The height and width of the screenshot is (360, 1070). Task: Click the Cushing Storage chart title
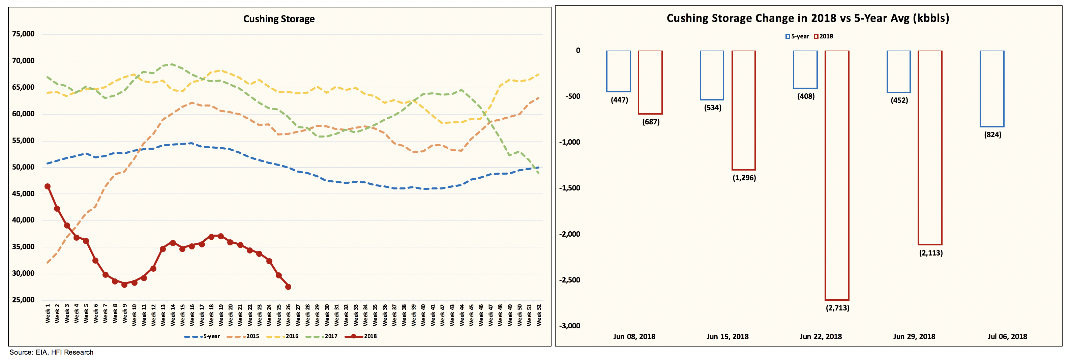pyautogui.click(x=279, y=19)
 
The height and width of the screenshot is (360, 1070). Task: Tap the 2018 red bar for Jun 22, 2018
pyautogui.click(x=837, y=174)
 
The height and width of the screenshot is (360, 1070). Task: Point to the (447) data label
pyautogui.click(x=619, y=100)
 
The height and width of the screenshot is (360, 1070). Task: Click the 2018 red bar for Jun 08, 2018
pyautogui.click(x=650, y=82)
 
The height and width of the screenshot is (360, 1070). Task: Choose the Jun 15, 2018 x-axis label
pyautogui.click(x=727, y=337)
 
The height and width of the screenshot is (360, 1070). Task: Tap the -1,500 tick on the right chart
pyautogui.click(x=569, y=188)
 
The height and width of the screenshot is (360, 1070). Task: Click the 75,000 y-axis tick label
pyautogui.click(x=23, y=34)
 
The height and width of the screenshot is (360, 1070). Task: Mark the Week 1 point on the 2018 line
pyautogui.click(x=47, y=187)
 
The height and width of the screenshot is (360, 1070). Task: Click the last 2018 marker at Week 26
pyautogui.click(x=288, y=287)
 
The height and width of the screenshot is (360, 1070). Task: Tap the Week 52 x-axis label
pyautogui.click(x=539, y=314)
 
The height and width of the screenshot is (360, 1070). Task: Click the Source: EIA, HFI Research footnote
pyautogui.click(x=52, y=353)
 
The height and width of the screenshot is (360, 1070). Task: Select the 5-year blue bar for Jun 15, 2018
pyautogui.click(x=712, y=75)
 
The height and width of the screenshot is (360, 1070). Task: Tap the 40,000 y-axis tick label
pyautogui.click(x=23, y=220)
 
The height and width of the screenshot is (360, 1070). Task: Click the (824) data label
pyautogui.click(x=992, y=135)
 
